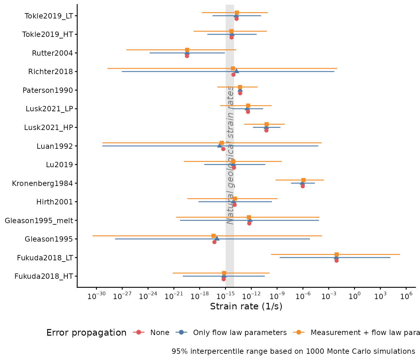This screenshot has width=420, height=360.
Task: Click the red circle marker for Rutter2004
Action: pos(187,56)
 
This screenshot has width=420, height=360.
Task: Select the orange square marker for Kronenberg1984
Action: pos(303,180)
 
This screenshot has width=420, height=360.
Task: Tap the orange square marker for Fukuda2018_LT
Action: pos(337,254)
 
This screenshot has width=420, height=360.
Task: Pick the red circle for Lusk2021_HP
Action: pos(266,130)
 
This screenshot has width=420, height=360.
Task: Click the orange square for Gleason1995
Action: pos(213,236)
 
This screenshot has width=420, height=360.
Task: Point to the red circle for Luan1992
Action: pos(223,149)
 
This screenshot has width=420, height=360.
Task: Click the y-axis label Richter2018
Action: pos(50,72)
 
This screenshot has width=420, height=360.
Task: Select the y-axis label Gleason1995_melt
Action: pos(39,221)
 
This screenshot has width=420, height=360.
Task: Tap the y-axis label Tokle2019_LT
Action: pos(48,16)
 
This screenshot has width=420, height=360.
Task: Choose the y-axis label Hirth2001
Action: pos(54,202)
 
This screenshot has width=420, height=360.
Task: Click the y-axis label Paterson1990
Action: pos(47,90)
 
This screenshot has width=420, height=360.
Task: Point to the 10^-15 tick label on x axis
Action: pos(225,295)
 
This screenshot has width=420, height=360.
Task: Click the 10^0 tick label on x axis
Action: pos(354,295)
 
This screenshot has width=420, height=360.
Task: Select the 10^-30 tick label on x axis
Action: pos(96,295)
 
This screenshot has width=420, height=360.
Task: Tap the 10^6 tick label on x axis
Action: pos(406,295)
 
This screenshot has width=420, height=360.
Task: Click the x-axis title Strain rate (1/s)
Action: pos(246,306)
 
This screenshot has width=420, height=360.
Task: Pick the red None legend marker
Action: pos(139,332)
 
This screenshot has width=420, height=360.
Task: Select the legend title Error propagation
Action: pos(86,332)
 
